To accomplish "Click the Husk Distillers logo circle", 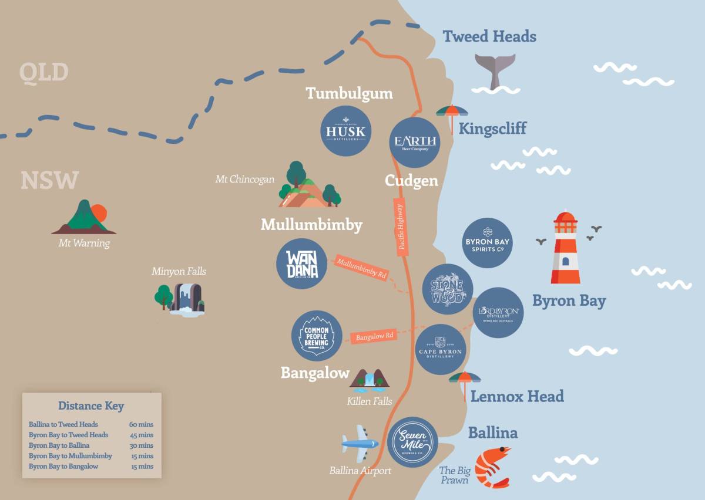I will point(345,131).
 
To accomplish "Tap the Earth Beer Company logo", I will point(415,143).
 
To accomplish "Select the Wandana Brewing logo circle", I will point(301,264).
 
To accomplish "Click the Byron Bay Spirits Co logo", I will point(488,243).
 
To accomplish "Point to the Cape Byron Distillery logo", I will point(440,349).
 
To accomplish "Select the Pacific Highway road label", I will point(401,227).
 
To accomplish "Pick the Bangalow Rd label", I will point(374,337).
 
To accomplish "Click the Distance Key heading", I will point(91,406).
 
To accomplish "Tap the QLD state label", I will point(43,72).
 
